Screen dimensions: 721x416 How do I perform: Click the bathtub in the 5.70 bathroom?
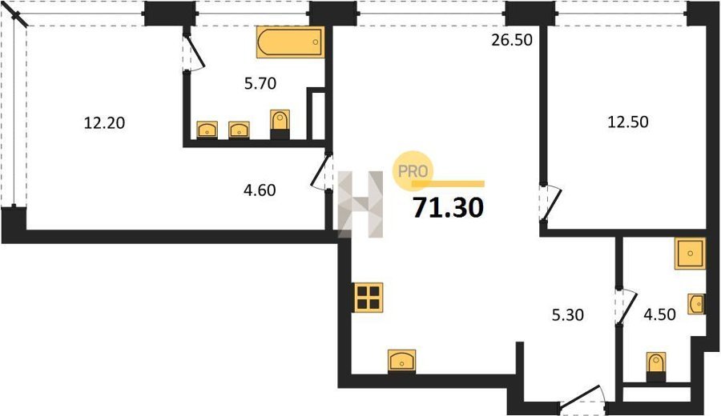(x=291, y=42)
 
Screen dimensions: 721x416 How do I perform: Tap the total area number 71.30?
(x=449, y=207)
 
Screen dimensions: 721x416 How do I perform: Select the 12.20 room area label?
(x=104, y=123)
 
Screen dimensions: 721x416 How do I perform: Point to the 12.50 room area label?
(x=628, y=122)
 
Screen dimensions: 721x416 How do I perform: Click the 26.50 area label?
(x=512, y=40)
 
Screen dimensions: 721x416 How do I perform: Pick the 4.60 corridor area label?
(x=260, y=190)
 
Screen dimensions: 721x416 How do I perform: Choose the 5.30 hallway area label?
(x=568, y=315)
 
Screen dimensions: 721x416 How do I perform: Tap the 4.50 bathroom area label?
(x=659, y=314)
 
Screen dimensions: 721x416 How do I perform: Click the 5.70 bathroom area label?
(x=260, y=83)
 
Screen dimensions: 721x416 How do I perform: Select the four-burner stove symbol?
(x=369, y=298)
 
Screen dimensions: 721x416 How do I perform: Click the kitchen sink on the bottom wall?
(x=402, y=361)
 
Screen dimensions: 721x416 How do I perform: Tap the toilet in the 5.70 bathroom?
(x=280, y=124)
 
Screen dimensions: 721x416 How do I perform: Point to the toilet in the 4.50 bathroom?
(x=655, y=366)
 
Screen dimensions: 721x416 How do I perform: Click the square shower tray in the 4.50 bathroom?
(x=690, y=254)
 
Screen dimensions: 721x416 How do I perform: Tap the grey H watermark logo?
(x=360, y=204)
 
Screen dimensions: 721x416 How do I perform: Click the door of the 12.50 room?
(x=549, y=203)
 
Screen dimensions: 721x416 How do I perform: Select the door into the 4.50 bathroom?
(x=626, y=305)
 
